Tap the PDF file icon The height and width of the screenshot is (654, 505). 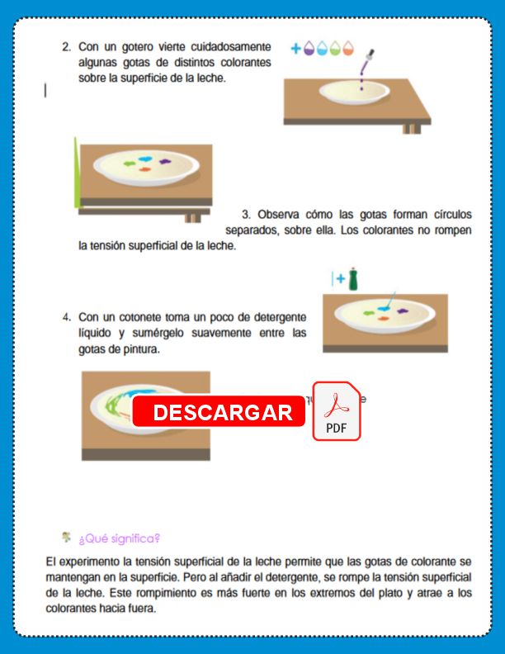pyautogui.click(x=337, y=412)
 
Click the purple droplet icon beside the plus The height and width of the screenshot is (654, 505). pyautogui.click(x=309, y=49)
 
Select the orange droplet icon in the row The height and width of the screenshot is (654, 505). pyautogui.click(x=349, y=49)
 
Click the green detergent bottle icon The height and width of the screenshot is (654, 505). pyautogui.click(x=353, y=279)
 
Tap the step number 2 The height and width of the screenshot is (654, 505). pyautogui.click(x=66, y=47)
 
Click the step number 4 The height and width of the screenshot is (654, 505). pyautogui.click(x=66, y=317)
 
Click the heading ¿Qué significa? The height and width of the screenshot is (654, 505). pyautogui.click(x=119, y=538)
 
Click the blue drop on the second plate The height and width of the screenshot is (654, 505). pyautogui.click(x=144, y=158)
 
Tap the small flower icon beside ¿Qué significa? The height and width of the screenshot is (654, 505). pyautogui.click(x=66, y=537)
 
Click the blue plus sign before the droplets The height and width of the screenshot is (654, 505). pyautogui.click(x=295, y=49)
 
